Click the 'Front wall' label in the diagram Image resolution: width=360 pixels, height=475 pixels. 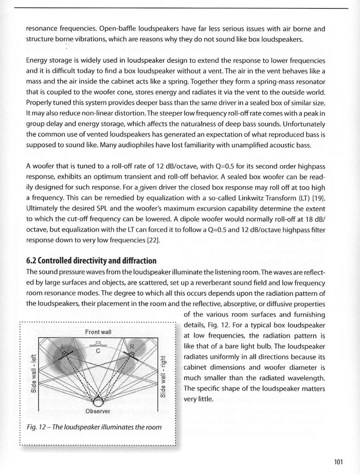98,332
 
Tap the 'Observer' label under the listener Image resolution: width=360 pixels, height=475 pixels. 98,411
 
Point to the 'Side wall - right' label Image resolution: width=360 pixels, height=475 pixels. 163,376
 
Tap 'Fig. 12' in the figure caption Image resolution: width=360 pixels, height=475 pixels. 37,427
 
